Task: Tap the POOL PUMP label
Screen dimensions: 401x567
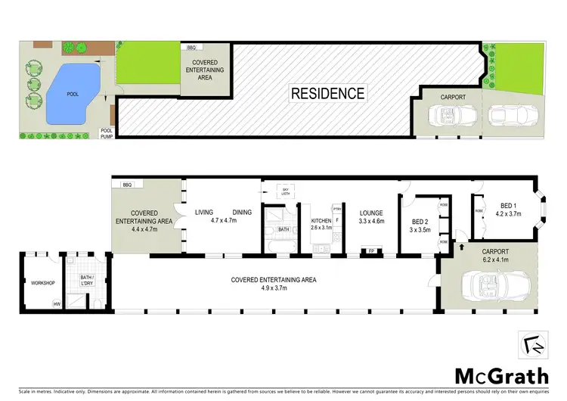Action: point(107,133)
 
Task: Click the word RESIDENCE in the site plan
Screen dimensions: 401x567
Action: point(328,95)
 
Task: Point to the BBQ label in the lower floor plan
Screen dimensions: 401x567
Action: point(126,185)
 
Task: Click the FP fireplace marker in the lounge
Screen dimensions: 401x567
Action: point(371,251)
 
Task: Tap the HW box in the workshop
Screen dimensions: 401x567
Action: point(56,304)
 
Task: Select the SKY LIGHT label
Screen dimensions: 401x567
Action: point(286,192)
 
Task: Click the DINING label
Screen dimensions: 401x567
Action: point(242,213)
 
